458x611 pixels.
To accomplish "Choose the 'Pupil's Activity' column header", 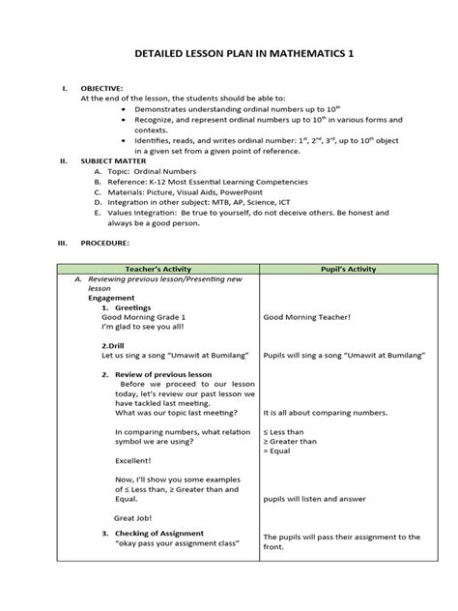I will [x=338, y=269].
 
